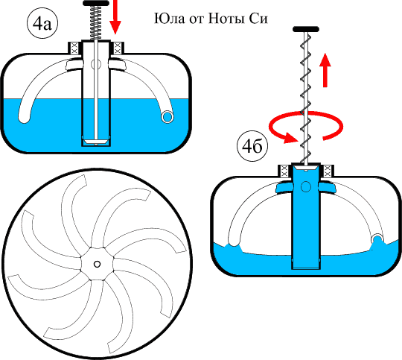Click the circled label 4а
[42, 24]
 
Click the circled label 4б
[252, 146]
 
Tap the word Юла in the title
[169, 19]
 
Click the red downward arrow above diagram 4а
[115, 16]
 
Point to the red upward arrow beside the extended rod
[325, 70]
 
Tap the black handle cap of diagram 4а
[95, 3]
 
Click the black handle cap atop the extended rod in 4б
[306, 29]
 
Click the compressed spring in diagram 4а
[95, 22]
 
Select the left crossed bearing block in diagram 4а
[74, 48]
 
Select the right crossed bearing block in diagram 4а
[118, 48]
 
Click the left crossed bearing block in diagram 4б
[285, 171]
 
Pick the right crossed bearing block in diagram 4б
[328, 171]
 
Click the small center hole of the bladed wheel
[97, 264]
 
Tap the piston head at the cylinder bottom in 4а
[95, 142]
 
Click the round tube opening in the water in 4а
[167, 117]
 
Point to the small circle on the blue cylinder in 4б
[306, 186]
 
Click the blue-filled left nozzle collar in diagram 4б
[284, 187]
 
